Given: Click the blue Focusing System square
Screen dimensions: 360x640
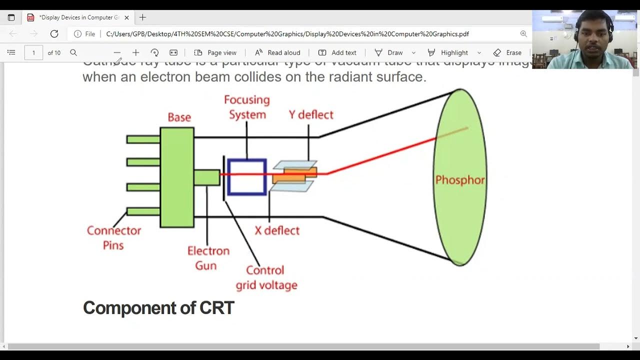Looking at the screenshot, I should pyautogui.click(x=246, y=176).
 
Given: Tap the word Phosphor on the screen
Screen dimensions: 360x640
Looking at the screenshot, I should pyautogui.click(x=460, y=180).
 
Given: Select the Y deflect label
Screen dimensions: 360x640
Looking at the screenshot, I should pyautogui.click(x=310, y=114).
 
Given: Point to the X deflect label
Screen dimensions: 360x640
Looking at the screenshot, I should pyautogui.click(x=277, y=230).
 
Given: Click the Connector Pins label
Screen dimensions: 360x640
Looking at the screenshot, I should pyautogui.click(x=113, y=237).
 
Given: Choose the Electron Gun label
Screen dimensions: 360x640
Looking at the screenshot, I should pyautogui.click(x=208, y=257).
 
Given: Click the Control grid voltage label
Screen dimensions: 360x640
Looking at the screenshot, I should pyautogui.click(x=266, y=277).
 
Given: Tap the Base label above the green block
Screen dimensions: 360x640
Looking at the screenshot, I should pyautogui.click(x=179, y=117).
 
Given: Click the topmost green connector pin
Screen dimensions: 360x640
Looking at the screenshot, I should pyautogui.click(x=143, y=139).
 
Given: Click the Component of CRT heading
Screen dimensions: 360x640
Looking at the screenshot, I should pyautogui.click(x=158, y=307).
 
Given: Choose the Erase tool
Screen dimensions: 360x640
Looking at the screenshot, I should pyautogui.click(x=507, y=52).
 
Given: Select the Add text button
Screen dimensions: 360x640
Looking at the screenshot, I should pyautogui.click(x=337, y=52).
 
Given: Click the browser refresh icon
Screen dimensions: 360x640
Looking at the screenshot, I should pyautogui.click(x=54, y=34).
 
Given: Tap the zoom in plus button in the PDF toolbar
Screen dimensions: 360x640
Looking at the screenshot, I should pyautogui.click(x=135, y=52).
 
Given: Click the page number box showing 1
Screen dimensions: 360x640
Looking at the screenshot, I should pyautogui.click(x=33, y=52).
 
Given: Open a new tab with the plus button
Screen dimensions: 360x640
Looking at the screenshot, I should pyautogui.click(x=142, y=17).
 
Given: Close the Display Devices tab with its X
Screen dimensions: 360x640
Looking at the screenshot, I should pyautogui.click(x=126, y=17).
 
